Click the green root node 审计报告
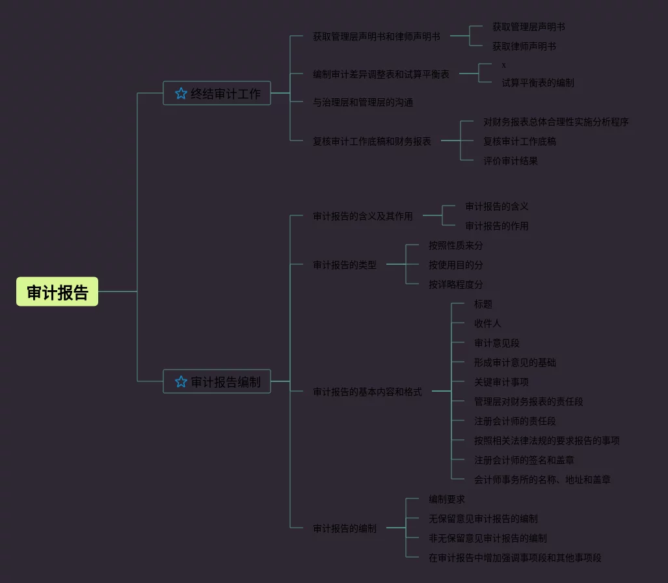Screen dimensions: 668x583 pyautogui.click(x=57, y=292)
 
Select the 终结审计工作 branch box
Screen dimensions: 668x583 pyautogui.click(x=217, y=94)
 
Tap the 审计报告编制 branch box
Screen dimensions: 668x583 pyautogui.click(x=217, y=382)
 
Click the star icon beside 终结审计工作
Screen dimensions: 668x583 pyautogui.click(x=181, y=94)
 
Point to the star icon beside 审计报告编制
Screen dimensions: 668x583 pyautogui.click(x=181, y=382)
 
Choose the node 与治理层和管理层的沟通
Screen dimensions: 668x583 pyautogui.click(x=363, y=102)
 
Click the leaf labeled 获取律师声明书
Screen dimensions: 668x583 pyautogui.click(x=524, y=46)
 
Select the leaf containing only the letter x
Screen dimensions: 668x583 pyautogui.click(x=504, y=65)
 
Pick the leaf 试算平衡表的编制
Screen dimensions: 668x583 pyautogui.click(x=537, y=83)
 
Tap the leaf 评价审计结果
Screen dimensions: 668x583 pyautogui.click(x=510, y=161)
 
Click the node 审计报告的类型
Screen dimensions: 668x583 pyautogui.click(x=344, y=265)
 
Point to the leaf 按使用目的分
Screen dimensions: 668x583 pyautogui.click(x=455, y=265)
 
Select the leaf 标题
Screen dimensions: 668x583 pyautogui.click(x=483, y=304)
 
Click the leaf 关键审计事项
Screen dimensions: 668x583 pyautogui.click(x=501, y=382)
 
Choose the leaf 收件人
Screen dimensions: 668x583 pyautogui.click(x=487, y=323)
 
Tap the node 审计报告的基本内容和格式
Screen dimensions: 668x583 pyautogui.click(x=367, y=392)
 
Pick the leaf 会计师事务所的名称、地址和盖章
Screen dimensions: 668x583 pyautogui.click(x=542, y=480)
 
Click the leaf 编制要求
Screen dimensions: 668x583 pyautogui.click(x=446, y=499)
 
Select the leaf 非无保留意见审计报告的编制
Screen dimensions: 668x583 pyautogui.click(x=487, y=538)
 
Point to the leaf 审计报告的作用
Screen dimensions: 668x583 pyautogui.click(x=496, y=226)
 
